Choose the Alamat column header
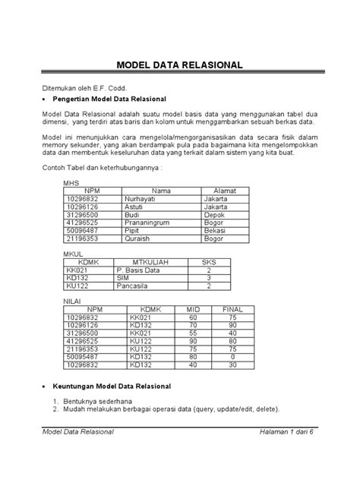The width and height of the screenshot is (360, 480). click(227, 190)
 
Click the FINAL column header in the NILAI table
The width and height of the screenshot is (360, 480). click(232, 310)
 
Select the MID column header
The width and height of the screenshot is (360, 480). click(192, 310)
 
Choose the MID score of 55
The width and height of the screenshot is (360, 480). click(192, 333)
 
